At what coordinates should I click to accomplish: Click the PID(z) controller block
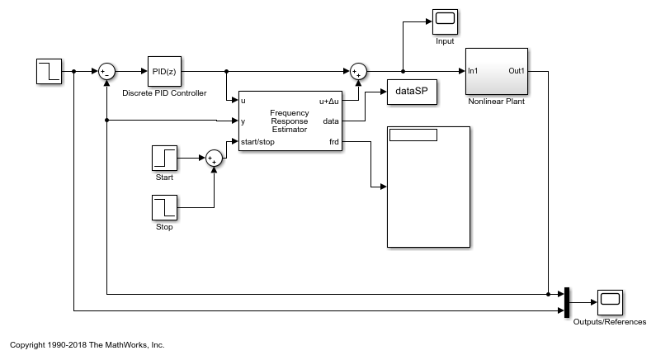pos(163,71)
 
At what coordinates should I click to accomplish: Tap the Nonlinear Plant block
pos(496,71)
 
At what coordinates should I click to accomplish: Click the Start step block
pos(164,158)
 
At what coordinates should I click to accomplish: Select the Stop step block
pos(164,208)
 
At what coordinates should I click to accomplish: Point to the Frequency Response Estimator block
pos(289,121)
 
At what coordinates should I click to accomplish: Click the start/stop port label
pos(257,142)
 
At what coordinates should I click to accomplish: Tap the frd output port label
pos(333,142)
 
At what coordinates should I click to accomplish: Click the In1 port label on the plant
pos(474,71)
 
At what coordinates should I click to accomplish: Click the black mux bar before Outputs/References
pos(566,302)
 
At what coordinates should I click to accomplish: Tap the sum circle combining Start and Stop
pos(214,158)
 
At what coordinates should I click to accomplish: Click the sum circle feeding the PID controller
pos(107,71)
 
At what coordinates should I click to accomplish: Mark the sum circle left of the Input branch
pos(358,72)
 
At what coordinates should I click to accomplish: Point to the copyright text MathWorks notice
pos(87,344)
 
